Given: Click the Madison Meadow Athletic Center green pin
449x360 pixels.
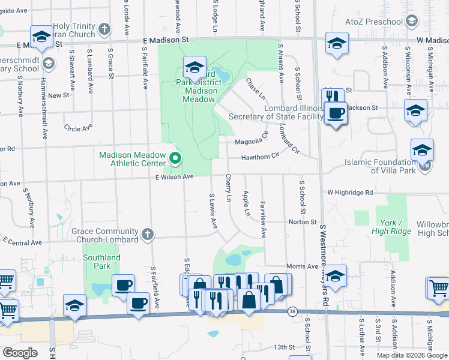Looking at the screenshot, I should point(175,159).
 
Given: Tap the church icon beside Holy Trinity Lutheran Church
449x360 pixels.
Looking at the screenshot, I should point(104,29).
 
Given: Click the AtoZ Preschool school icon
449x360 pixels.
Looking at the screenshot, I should point(412,22).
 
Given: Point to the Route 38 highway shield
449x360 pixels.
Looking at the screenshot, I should point(292,312).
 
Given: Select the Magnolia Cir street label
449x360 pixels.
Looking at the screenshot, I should point(250,142).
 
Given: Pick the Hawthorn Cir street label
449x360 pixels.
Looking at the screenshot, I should point(261,157).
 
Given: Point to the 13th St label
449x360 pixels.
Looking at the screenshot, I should point(285,347).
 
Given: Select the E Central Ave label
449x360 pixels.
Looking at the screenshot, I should point(21,242).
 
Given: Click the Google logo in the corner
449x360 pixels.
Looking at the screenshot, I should point(20,352).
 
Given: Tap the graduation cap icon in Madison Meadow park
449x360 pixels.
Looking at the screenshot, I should point(194,67).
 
